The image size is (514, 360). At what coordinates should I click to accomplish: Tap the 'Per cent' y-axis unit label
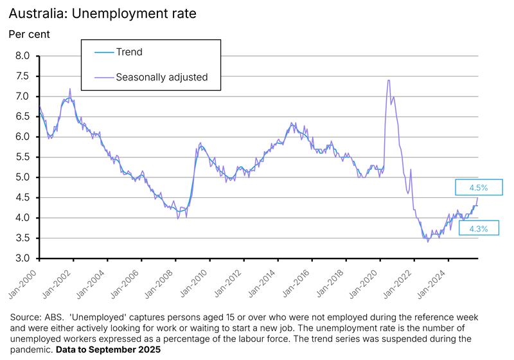coord(30,33)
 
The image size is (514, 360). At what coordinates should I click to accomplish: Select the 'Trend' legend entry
coord(128,52)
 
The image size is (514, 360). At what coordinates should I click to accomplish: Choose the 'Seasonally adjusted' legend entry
coord(161,77)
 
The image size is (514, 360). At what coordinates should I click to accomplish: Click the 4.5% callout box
coord(476,188)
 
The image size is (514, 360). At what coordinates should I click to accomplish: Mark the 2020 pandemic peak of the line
coord(389,80)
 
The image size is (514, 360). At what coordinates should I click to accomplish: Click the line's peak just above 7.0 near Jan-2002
coord(69,89)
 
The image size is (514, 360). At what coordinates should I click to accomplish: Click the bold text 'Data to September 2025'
coord(108,350)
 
